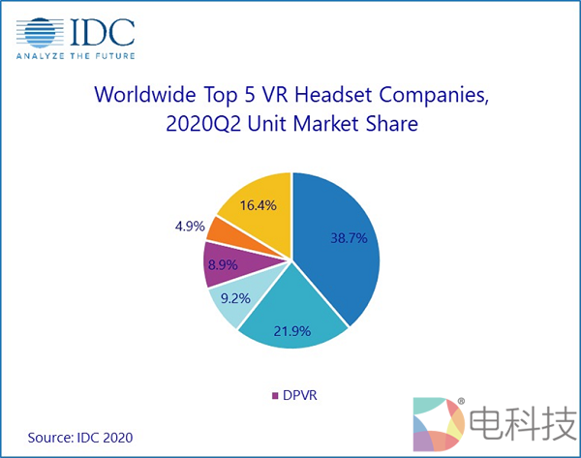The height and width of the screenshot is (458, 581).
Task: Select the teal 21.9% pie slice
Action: [x=290, y=324]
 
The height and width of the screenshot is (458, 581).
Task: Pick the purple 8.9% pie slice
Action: [x=221, y=263]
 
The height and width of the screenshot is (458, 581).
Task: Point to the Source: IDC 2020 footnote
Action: [x=79, y=438]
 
